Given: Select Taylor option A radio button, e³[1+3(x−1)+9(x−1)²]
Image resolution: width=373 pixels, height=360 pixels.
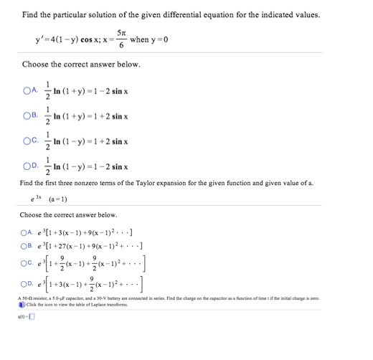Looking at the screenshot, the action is [26, 229].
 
